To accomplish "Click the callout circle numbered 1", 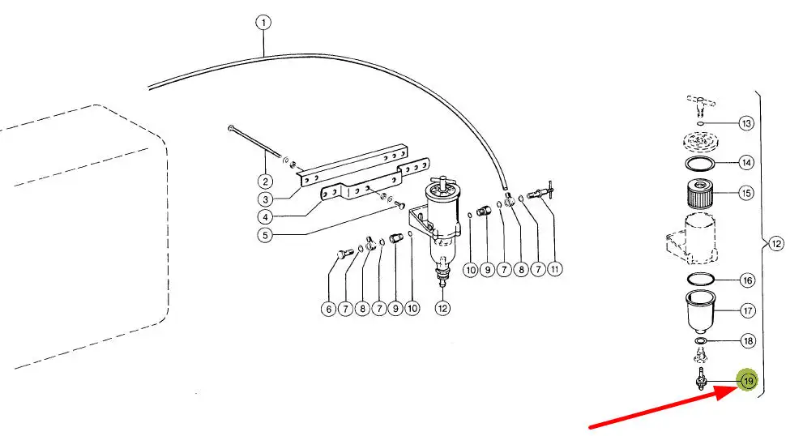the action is [x=263, y=23].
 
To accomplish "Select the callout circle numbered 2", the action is [x=265, y=182].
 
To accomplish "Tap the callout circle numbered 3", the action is [x=265, y=199].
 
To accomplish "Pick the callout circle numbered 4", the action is [x=265, y=217].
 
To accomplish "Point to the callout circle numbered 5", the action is [x=265, y=236].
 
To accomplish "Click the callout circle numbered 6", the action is [x=329, y=309].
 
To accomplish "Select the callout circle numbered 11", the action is [x=554, y=269].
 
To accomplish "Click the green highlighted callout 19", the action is [x=748, y=381].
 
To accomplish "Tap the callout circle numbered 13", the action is [x=746, y=123].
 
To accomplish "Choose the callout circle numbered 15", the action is [x=746, y=193].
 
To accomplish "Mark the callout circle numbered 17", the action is [x=748, y=310].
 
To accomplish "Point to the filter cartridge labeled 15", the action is [x=700, y=193].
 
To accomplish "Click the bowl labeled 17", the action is [x=700, y=312].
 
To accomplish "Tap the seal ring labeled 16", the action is [x=701, y=280].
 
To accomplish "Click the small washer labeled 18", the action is [x=701, y=340].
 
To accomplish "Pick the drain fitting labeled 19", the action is [x=701, y=379].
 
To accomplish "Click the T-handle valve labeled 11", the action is [x=540, y=192].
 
